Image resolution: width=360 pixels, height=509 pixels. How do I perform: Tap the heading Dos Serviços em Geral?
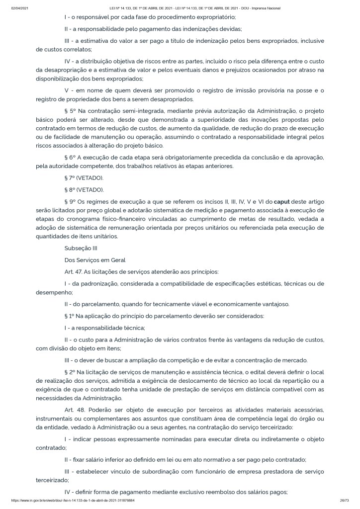pyautogui.click(x=95, y=259)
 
